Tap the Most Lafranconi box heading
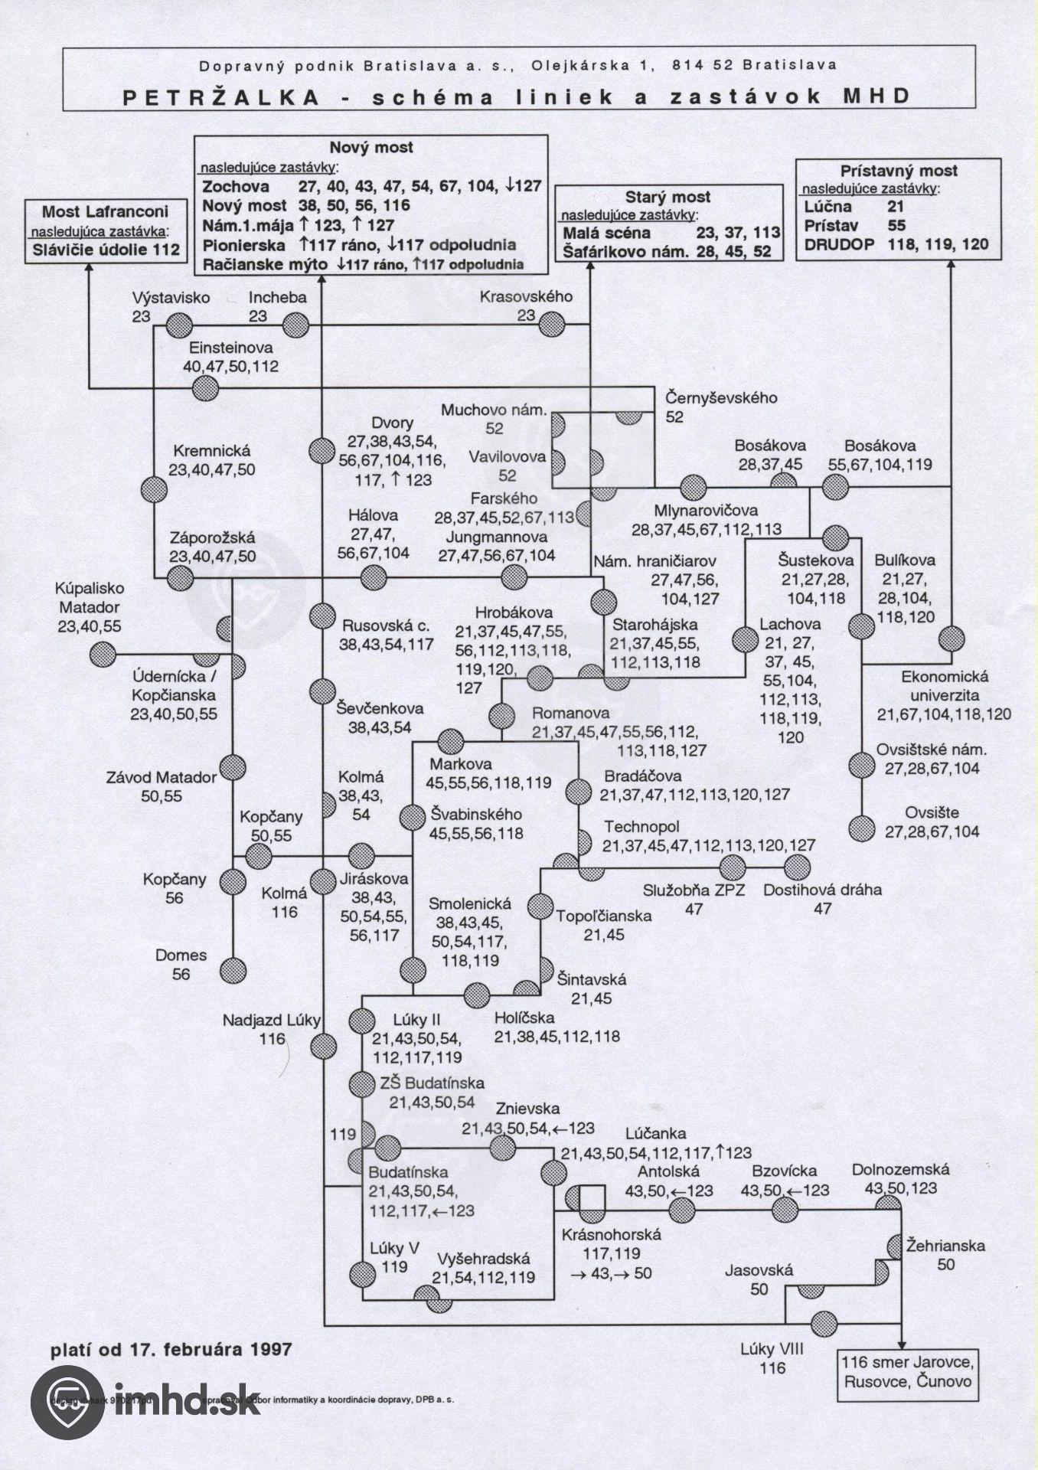[x=105, y=211]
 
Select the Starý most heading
[x=668, y=197]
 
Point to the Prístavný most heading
[x=899, y=171]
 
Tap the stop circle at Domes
[x=233, y=969]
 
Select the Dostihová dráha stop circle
[x=796, y=867]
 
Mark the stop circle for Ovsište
[x=862, y=828]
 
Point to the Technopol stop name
[x=641, y=827]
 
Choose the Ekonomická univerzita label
[x=944, y=687]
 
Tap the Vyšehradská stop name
[x=483, y=1258]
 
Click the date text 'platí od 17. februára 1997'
[x=171, y=1349]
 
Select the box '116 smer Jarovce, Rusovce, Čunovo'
[x=906, y=1372]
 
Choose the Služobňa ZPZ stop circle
[x=733, y=867]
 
